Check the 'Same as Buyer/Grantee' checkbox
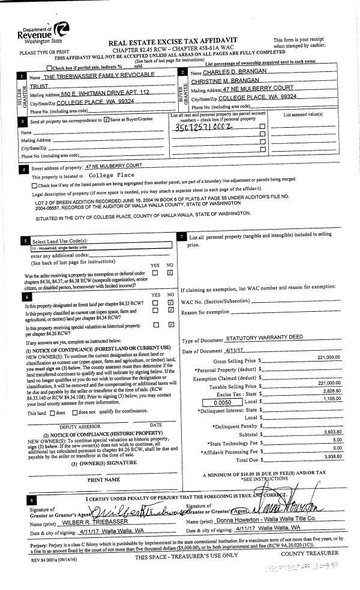click(107, 121)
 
